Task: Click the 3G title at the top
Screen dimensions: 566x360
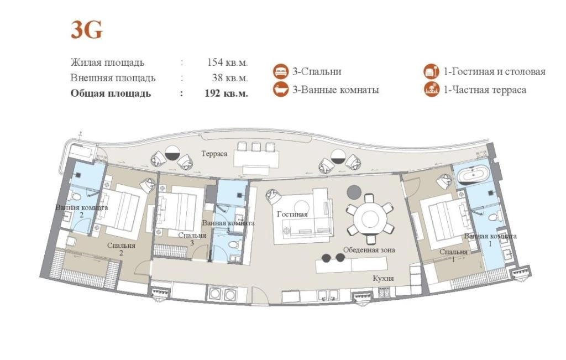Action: click(x=87, y=30)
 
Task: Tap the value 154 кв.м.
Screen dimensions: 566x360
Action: click(x=227, y=62)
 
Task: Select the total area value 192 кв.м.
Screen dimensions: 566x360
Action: click(x=226, y=93)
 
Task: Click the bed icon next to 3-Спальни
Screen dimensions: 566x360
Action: click(x=280, y=71)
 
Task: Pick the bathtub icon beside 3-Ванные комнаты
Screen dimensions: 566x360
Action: click(x=280, y=89)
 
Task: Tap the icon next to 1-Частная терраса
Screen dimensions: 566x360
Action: click(x=431, y=89)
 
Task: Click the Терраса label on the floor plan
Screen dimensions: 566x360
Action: click(x=214, y=154)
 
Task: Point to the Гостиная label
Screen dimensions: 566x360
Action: click(x=292, y=214)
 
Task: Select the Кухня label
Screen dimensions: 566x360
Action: click(x=384, y=278)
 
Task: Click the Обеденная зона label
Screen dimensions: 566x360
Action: click(x=369, y=250)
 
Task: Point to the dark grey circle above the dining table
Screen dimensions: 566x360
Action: click(x=354, y=192)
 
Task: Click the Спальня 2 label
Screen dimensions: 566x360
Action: click(x=121, y=249)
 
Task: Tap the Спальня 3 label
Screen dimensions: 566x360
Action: click(x=192, y=239)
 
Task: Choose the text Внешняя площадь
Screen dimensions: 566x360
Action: click(x=113, y=78)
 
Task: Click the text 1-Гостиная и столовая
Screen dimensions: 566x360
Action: click(x=495, y=71)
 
